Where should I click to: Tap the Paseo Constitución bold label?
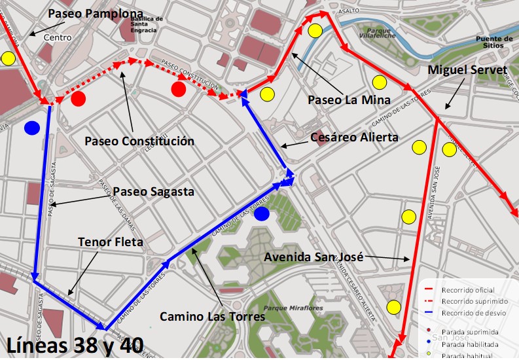[x=139, y=141]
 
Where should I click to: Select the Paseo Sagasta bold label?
[x=154, y=192]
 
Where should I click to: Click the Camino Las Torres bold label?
[x=213, y=317]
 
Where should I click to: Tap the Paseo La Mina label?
[x=349, y=100]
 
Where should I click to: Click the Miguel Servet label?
[x=467, y=69]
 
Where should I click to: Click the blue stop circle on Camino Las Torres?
[x=262, y=214]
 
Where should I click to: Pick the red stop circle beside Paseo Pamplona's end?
[x=79, y=99]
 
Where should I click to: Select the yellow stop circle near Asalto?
[x=315, y=30]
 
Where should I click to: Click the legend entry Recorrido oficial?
[x=468, y=290]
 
